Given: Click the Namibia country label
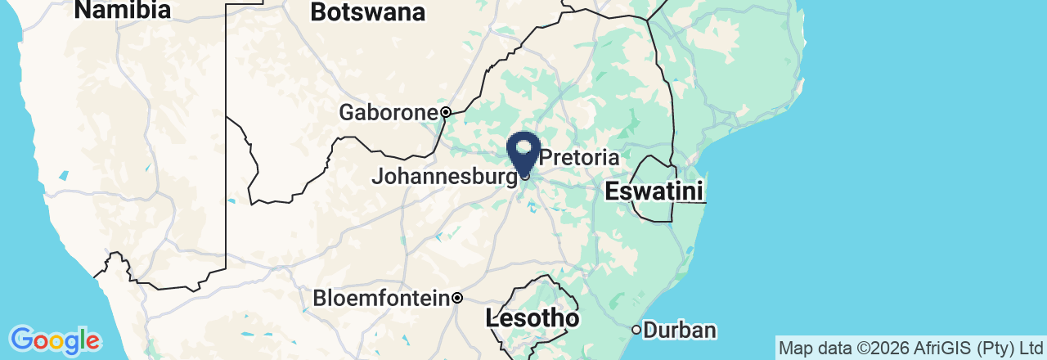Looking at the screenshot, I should coord(123,11).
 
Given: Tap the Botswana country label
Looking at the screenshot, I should coord(368,13).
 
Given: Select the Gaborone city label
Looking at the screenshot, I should coord(388,112).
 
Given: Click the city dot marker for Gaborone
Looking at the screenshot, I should coord(446,112).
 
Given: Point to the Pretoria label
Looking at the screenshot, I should coord(580,156).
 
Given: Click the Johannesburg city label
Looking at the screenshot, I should coord(444,176).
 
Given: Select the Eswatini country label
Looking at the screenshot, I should coord(654,192).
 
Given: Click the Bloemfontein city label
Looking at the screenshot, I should coord(381,298).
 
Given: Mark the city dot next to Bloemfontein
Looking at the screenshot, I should coord(458,298).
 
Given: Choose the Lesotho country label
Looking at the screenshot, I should coord(532,318).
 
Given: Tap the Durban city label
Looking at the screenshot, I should coord(680,331).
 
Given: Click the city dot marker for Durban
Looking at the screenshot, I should coord(636,330).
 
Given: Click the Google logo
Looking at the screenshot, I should coord(55,340).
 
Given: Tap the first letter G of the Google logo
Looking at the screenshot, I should coord(21,340).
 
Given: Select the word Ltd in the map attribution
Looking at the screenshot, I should coord(1030,349).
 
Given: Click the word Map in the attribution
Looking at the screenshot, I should coord(794,349).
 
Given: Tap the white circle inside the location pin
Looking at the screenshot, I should coord(524,147).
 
